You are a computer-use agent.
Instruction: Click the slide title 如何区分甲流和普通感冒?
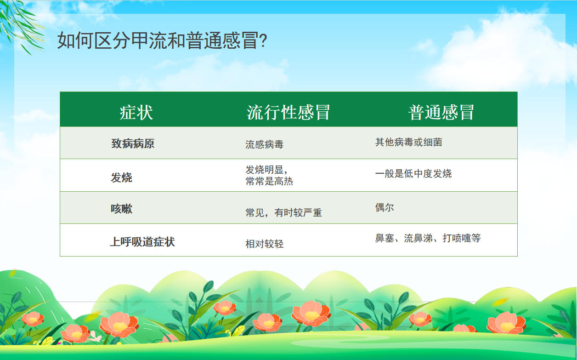click(x=162, y=41)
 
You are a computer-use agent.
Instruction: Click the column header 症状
click(x=136, y=113)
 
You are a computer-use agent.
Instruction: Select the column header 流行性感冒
click(x=288, y=113)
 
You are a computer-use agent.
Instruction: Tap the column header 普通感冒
click(x=441, y=113)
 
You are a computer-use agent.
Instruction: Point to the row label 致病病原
click(x=133, y=143)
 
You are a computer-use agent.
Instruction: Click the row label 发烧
click(x=122, y=177)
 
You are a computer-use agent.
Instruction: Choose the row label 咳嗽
click(x=122, y=209)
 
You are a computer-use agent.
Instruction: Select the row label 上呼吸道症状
click(x=142, y=242)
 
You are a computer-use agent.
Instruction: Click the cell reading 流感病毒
click(x=264, y=144)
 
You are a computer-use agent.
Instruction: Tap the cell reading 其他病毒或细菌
click(x=408, y=142)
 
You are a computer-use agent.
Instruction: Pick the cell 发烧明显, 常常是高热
click(x=269, y=175)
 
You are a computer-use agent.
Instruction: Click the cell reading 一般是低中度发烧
click(x=413, y=173)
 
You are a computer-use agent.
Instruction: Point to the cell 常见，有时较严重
click(x=283, y=213)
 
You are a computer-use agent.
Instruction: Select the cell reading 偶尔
click(x=385, y=207)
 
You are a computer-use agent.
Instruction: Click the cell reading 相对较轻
click(x=264, y=244)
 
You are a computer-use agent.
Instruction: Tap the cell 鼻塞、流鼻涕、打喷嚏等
click(x=428, y=238)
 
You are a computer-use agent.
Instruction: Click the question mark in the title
click(x=263, y=41)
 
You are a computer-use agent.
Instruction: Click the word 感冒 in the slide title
click(x=240, y=41)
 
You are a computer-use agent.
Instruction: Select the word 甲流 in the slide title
click(x=149, y=41)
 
